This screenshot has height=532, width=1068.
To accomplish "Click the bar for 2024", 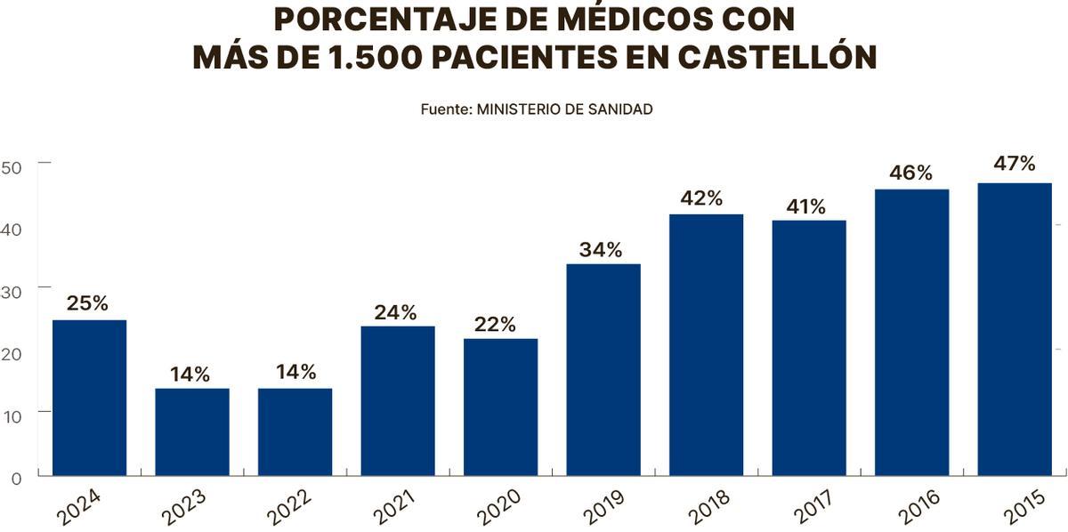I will coord(89,398).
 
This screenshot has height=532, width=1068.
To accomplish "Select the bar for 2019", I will coord(603,369).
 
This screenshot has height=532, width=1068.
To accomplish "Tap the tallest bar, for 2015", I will coord(1014,329).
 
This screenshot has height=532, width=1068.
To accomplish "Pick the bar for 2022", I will coord(295,431).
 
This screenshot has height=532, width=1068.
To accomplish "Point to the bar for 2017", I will coord(808,348).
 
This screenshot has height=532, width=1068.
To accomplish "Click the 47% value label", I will coord(1014,165).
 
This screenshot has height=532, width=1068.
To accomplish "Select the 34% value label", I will coord(601,250).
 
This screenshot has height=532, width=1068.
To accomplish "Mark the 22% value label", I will coord(495,325).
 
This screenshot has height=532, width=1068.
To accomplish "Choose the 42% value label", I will coord(702,198).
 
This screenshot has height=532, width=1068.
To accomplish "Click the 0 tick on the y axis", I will coord(16,479).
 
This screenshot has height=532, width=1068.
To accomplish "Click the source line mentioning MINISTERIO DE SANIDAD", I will coord(537,109).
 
